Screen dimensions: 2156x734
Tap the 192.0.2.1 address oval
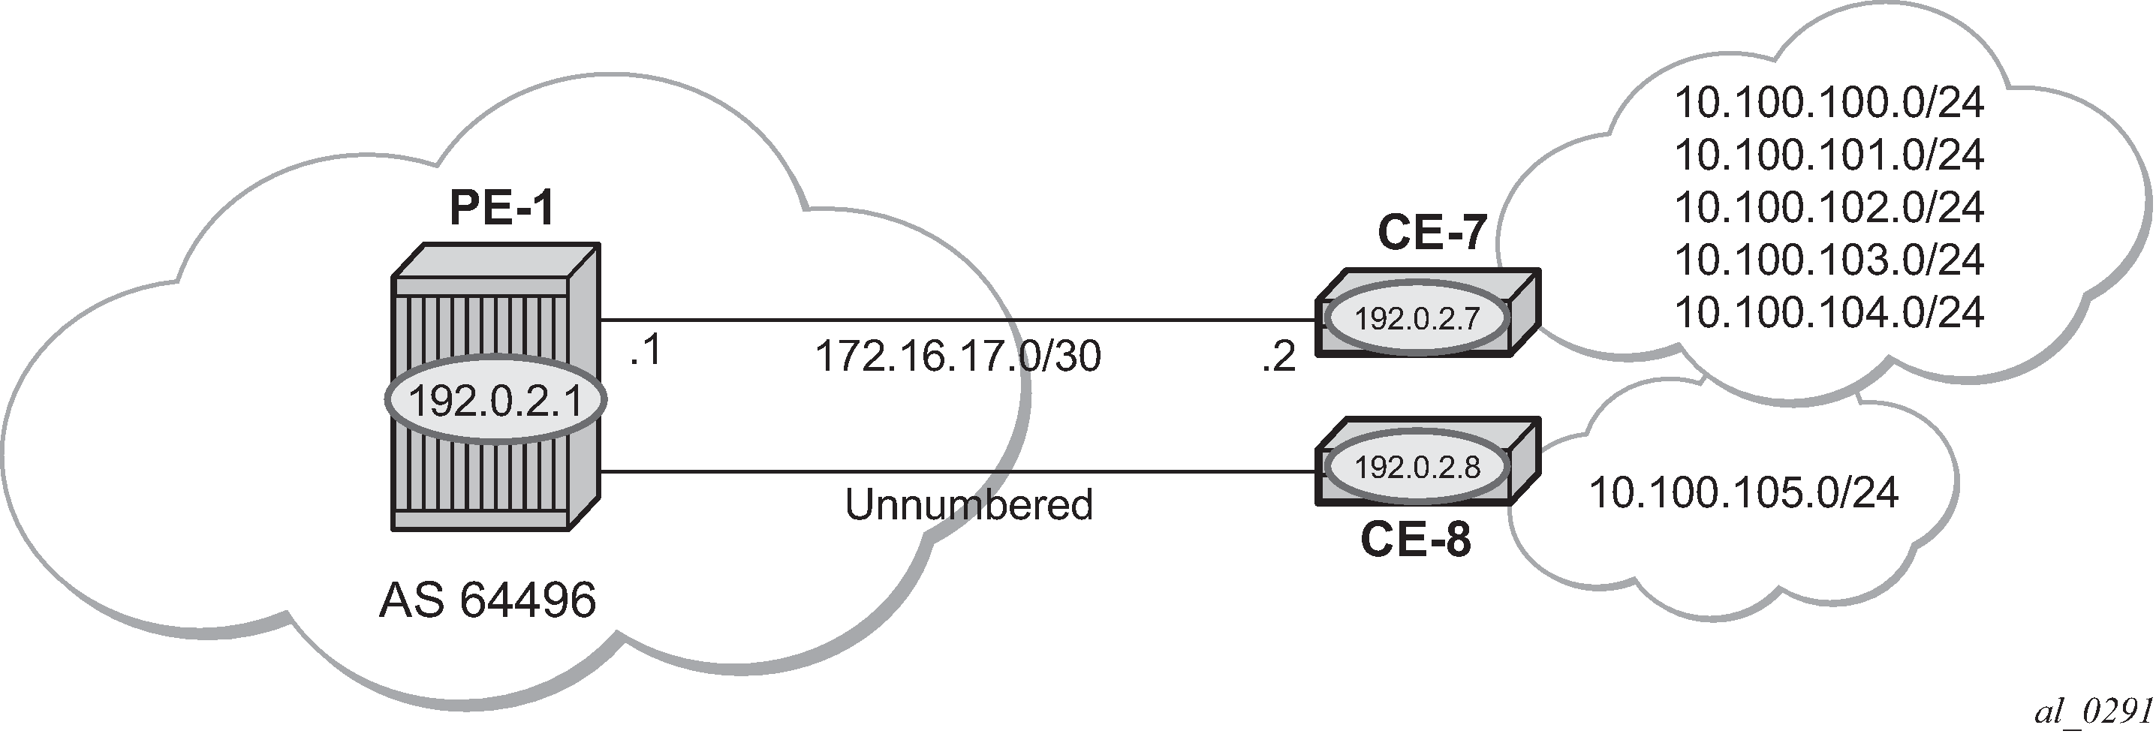pyautogui.click(x=495, y=401)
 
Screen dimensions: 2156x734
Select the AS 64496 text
pyautogui.click(x=487, y=601)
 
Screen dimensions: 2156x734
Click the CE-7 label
pyautogui.click(x=1432, y=233)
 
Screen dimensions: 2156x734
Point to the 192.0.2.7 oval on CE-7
pyautogui.click(x=1418, y=319)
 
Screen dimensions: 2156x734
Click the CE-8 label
pyautogui.click(x=1415, y=540)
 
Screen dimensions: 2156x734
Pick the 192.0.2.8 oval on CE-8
pyautogui.click(x=1418, y=467)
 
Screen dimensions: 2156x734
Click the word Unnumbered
pyautogui.click(x=969, y=504)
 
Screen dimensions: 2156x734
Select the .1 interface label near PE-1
pyautogui.click(x=646, y=350)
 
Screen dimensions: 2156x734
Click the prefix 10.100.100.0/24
pyautogui.click(x=1829, y=103)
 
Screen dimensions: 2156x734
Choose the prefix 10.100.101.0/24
pyautogui.click(x=1829, y=155)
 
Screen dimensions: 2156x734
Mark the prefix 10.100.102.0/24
pyautogui.click(x=1829, y=208)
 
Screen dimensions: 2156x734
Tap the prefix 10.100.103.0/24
pyautogui.click(x=1829, y=260)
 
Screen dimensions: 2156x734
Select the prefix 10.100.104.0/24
pyautogui.click(x=1829, y=313)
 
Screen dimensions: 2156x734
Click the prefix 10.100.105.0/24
pyautogui.click(x=1743, y=493)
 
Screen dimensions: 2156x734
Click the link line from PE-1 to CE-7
pyautogui.click(x=959, y=320)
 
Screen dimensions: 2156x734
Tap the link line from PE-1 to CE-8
pyautogui.click(x=959, y=472)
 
